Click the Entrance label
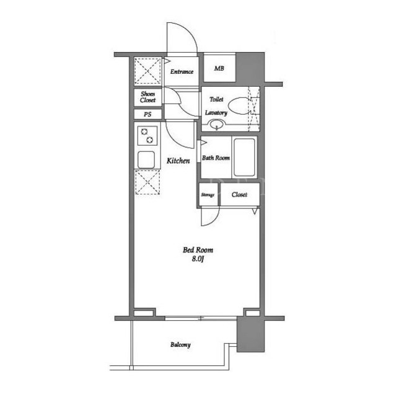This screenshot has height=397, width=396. click(182, 72)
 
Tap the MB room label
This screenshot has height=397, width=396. click(219, 68)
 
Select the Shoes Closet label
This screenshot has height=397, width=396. click(147, 97)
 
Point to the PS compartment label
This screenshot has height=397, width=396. click(147, 114)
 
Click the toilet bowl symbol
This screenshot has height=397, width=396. click(239, 106)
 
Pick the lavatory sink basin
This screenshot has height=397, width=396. click(216, 125)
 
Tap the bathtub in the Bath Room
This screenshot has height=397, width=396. click(244, 157)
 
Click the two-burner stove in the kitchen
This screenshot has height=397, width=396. click(147, 136)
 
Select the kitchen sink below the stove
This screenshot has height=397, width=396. click(146, 160)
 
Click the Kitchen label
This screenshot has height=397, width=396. click(178, 161)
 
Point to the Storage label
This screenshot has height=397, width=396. click(208, 195)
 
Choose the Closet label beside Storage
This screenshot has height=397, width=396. click(239, 194)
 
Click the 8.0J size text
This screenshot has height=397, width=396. click(198, 259)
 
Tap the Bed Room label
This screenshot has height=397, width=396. click(198, 250)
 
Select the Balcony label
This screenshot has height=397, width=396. click(180, 345)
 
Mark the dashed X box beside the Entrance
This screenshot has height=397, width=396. click(147, 71)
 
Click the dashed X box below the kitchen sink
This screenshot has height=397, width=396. click(147, 182)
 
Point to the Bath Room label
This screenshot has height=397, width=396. click(216, 158)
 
